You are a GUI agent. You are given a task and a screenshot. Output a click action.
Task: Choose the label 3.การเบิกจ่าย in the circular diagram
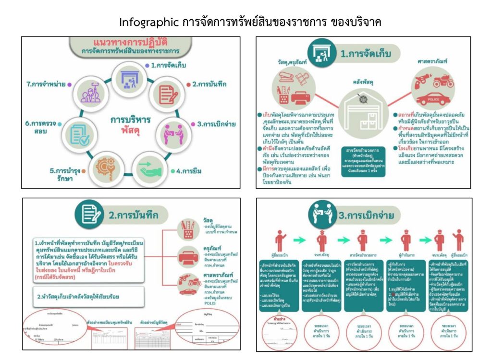(x=216, y=124)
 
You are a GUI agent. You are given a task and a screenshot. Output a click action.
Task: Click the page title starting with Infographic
(x=250, y=22)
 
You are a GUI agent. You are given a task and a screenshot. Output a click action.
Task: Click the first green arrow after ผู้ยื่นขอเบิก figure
(x=300, y=240)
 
